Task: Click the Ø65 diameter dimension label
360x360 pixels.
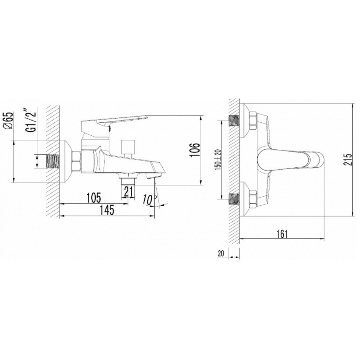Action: coord(8,122)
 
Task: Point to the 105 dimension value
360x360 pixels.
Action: coord(94,198)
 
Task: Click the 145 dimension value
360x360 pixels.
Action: coord(107,210)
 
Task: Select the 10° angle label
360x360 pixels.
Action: coord(149,200)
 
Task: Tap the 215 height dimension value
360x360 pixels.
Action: coord(347,159)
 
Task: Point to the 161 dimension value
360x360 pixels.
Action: coord(282,234)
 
